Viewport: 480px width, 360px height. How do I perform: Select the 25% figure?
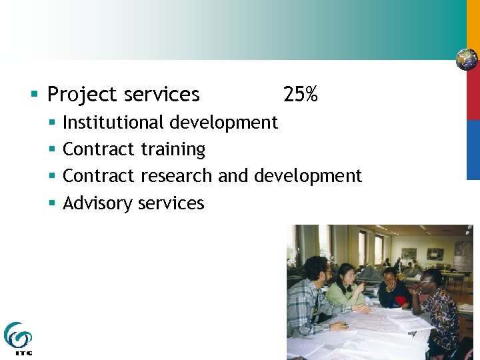click(x=300, y=95)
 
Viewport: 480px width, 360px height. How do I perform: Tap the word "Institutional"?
click(x=113, y=123)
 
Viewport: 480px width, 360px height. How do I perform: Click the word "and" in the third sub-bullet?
click(x=233, y=176)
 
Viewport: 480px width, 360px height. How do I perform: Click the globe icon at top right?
click(x=467, y=59)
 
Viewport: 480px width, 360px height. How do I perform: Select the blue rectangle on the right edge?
click(x=473, y=149)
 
